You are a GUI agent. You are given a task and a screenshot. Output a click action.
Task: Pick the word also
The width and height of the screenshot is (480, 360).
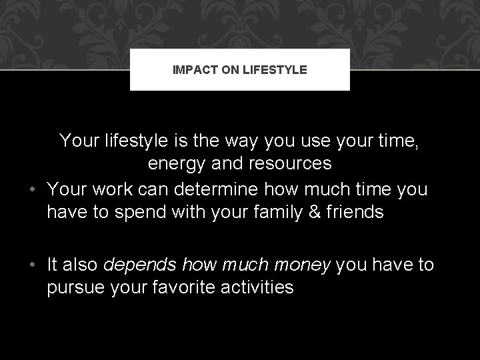tap(83, 265)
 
